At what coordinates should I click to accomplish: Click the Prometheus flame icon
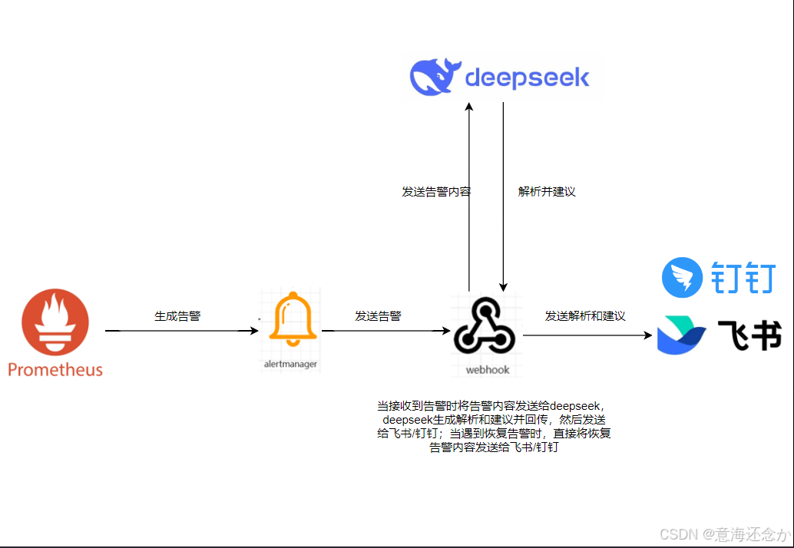(x=55, y=322)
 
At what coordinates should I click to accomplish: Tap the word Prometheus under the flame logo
(x=55, y=370)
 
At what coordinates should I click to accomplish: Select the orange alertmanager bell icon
(x=293, y=319)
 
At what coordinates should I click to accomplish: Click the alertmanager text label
(x=290, y=364)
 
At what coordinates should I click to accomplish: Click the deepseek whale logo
(x=435, y=77)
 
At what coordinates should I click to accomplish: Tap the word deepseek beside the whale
(x=528, y=77)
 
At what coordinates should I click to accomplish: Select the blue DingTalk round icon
(x=682, y=278)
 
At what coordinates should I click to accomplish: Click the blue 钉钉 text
(x=743, y=278)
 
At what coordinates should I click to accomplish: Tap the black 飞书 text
(x=749, y=336)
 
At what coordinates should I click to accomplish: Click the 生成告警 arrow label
(x=177, y=315)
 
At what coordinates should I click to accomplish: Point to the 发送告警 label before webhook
(x=378, y=315)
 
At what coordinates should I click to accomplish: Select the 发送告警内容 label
(x=436, y=192)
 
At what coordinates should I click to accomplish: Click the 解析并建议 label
(x=547, y=192)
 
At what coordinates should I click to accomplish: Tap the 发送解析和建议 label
(x=585, y=315)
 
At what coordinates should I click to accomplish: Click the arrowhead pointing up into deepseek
(x=469, y=107)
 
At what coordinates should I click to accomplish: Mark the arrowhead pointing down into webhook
(x=503, y=286)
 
